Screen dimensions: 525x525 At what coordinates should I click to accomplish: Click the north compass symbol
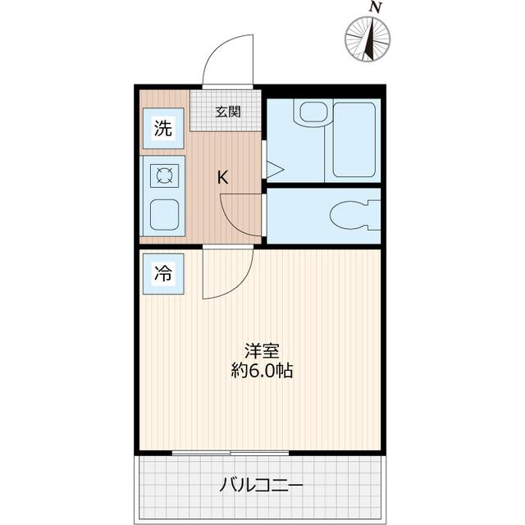pyautogui.click(x=367, y=39)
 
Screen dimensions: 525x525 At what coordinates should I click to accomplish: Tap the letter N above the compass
pyautogui.click(x=376, y=7)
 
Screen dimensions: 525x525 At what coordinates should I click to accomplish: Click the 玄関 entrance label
pyautogui.click(x=228, y=112)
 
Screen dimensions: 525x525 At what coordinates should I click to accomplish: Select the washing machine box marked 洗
pyautogui.click(x=164, y=129)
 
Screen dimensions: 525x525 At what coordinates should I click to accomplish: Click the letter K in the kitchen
pyautogui.click(x=222, y=176)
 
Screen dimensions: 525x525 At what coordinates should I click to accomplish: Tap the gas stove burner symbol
pyautogui.click(x=164, y=176)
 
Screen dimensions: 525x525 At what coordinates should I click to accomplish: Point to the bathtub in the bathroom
pyautogui.click(x=354, y=139)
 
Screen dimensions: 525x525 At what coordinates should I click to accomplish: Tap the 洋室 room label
pyautogui.click(x=261, y=350)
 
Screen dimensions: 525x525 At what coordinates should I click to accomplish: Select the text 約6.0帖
pyautogui.click(x=261, y=371)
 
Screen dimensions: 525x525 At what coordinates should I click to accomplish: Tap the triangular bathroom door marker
pyautogui.click(x=274, y=170)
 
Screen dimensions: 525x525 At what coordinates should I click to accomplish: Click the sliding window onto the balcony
pyautogui.click(x=231, y=452)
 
